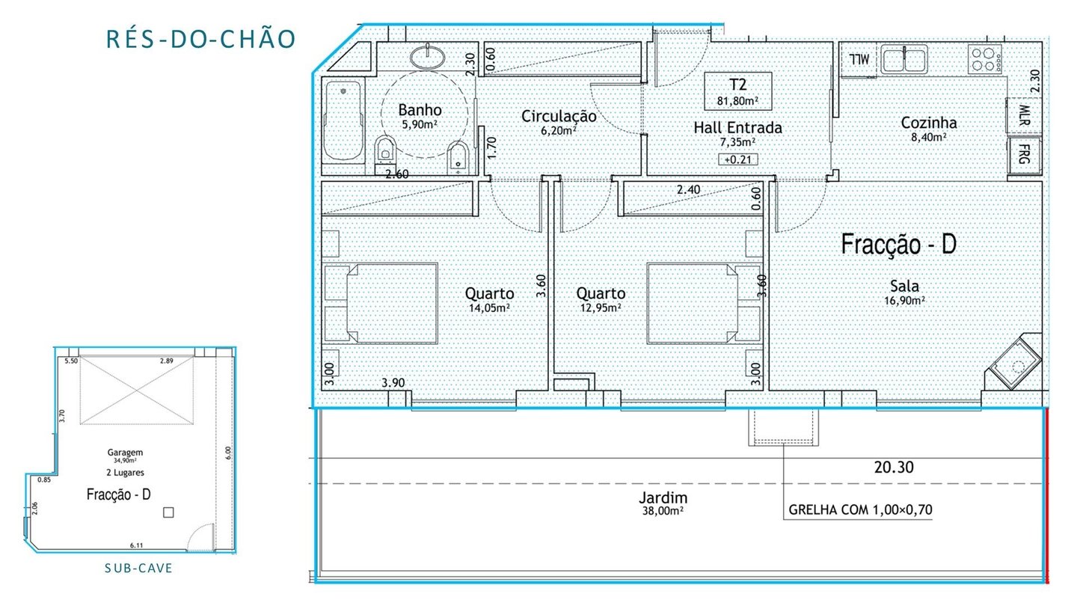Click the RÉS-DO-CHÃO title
click(200, 38)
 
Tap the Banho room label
click(420, 110)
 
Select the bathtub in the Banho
click(343, 120)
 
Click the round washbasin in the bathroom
click(428, 57)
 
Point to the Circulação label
click(559, 116)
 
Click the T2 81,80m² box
click(738, 91)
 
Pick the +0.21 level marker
click(738, 159)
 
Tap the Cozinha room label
click(928, 123)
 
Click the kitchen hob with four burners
click(985, 59)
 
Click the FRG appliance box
click(1024, 156)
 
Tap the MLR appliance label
click(1024, 115)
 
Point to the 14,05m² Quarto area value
click(489, 307)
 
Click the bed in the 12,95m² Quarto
click(693, 303)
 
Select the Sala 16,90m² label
click(904, 293)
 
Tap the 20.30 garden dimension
click(894, 467)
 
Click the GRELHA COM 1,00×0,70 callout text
click(860, 509)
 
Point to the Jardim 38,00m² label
click(663, 503)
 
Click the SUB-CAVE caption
click(138, 569)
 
